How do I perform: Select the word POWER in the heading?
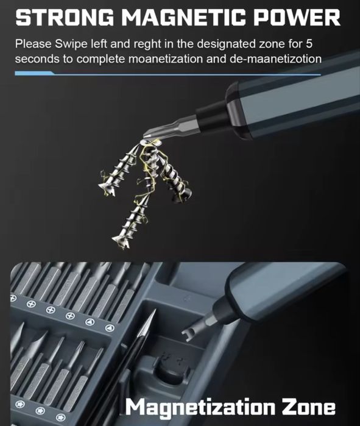tap(297, 18)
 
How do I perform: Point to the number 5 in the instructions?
tap(309, 44)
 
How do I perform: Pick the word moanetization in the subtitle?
tap(165, 59)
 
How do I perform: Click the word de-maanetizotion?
tap(275, 59)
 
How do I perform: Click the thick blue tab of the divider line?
tap(34, 73)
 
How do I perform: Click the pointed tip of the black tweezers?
tap(155, 310)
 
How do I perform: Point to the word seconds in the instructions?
tap(37, 59)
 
